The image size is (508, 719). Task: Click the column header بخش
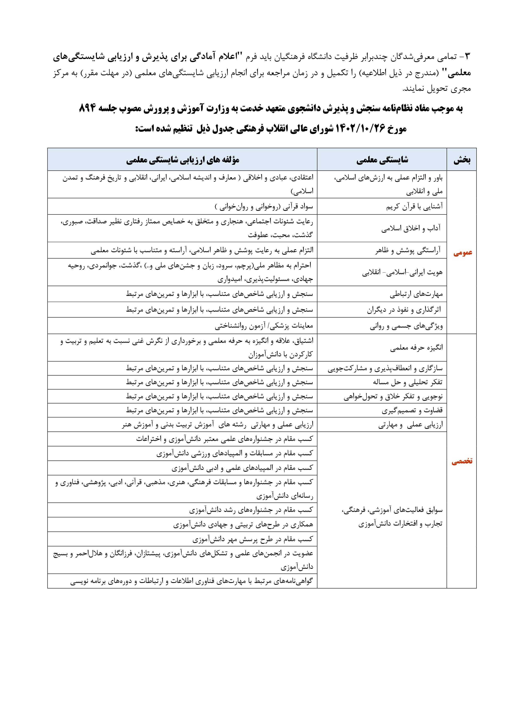click(462, 160)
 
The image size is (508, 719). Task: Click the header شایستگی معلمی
click(382, 160)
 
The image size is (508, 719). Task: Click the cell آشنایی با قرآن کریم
click(414, 207)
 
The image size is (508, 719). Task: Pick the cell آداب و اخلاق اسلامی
click(411, 228)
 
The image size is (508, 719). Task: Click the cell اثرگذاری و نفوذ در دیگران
click(404, 310)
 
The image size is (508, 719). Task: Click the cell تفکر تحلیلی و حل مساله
click(408, 382)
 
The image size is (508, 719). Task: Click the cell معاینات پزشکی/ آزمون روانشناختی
click(264, 326)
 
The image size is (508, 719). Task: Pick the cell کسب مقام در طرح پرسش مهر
click(253, 540)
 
